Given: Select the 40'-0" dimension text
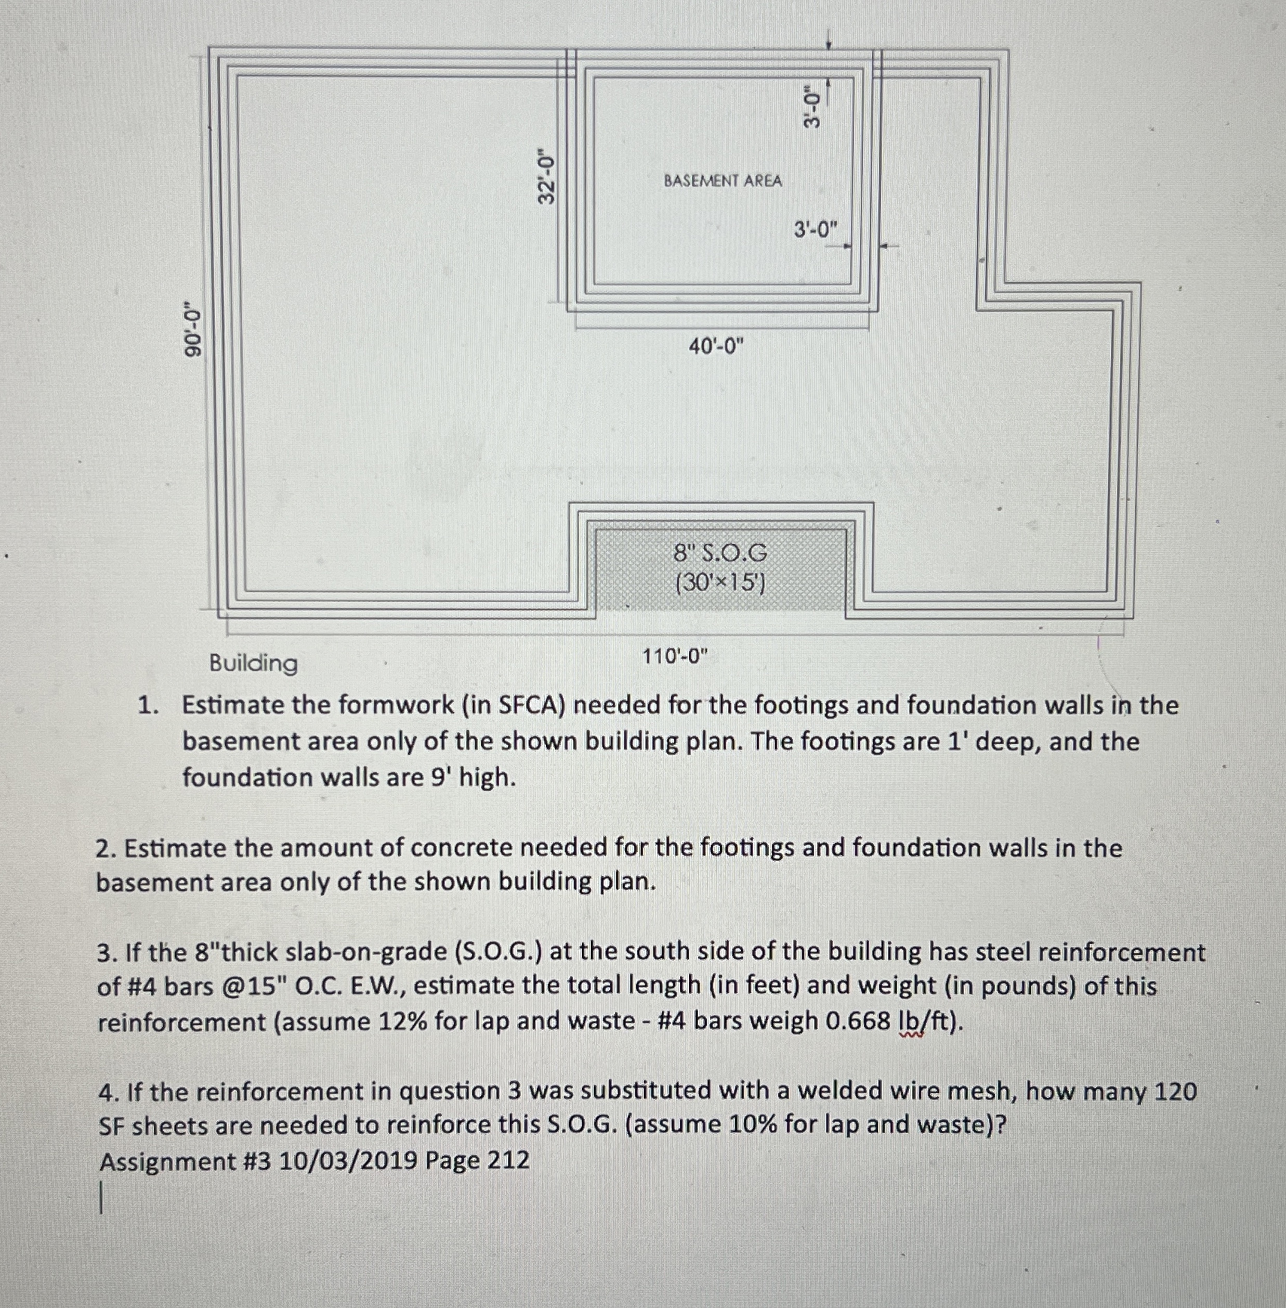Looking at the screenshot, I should (716, 346).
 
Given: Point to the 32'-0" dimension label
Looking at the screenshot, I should (546, 177).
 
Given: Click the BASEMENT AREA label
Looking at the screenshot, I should (723, 181).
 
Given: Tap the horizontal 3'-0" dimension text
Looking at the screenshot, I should (815, 230).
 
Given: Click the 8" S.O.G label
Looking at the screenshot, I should (720, 553).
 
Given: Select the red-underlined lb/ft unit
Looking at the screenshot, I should (929, 1021).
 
